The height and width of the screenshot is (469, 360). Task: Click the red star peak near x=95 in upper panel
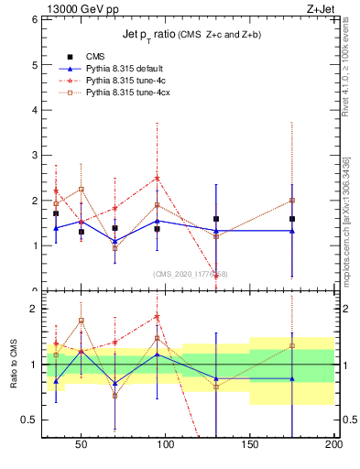pyautogui.click(x=157, y=178)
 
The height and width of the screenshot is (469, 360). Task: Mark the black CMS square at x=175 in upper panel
pyautogui.click(x=291, y=219)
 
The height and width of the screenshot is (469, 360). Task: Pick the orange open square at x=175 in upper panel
pyautogui.click(x=291, y=200)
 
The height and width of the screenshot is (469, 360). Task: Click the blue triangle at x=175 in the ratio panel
pyautogui.click(x=291, y=378)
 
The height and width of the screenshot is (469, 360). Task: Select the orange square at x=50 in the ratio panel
pyautogui.click(x=82, y=321)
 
